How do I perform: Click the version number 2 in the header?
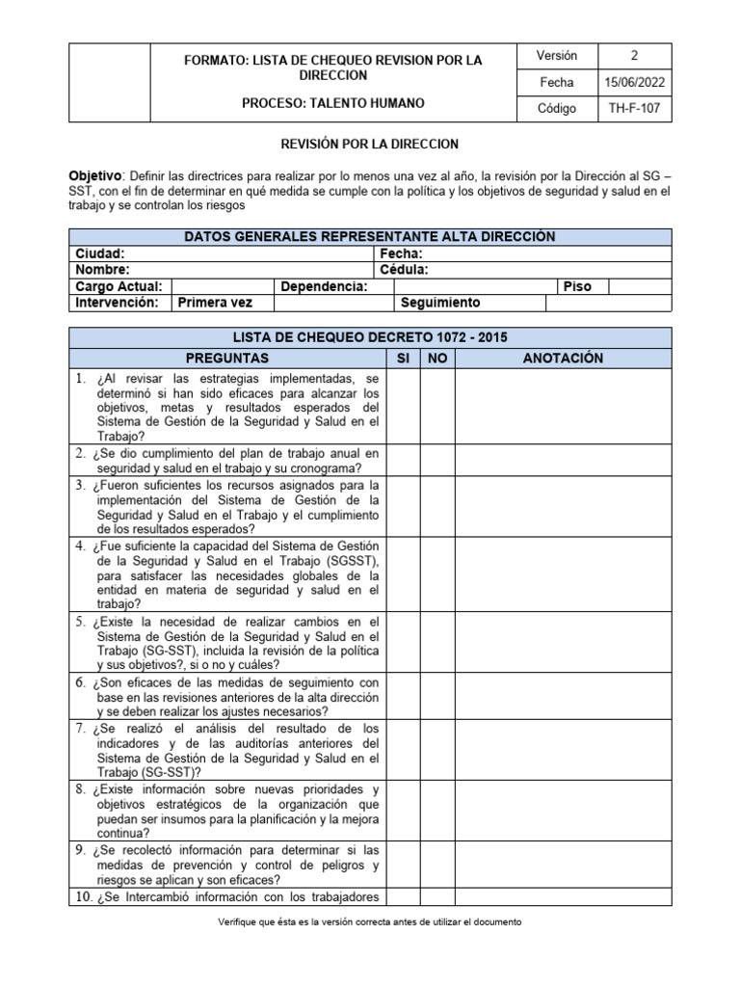[634, 56]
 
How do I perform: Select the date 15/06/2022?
[635, 83]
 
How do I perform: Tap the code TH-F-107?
[635, 109]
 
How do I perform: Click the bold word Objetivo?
[95, 176]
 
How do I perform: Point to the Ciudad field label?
[99, 253]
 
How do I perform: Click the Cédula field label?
[405, 270]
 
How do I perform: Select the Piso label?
[577, 286]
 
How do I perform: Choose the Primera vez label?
[213, 303]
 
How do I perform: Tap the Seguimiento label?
[440, 303]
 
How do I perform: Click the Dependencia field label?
[324, 286]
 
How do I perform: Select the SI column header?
[403, 358]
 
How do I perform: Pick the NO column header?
[437, 358]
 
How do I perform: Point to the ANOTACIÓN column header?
[562, 358]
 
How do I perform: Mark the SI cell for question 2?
[403, 460]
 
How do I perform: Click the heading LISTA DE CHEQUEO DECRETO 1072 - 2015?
[370, 337]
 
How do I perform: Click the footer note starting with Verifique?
[370, 921]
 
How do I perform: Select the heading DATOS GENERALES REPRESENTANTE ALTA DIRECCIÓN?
[370, 237]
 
